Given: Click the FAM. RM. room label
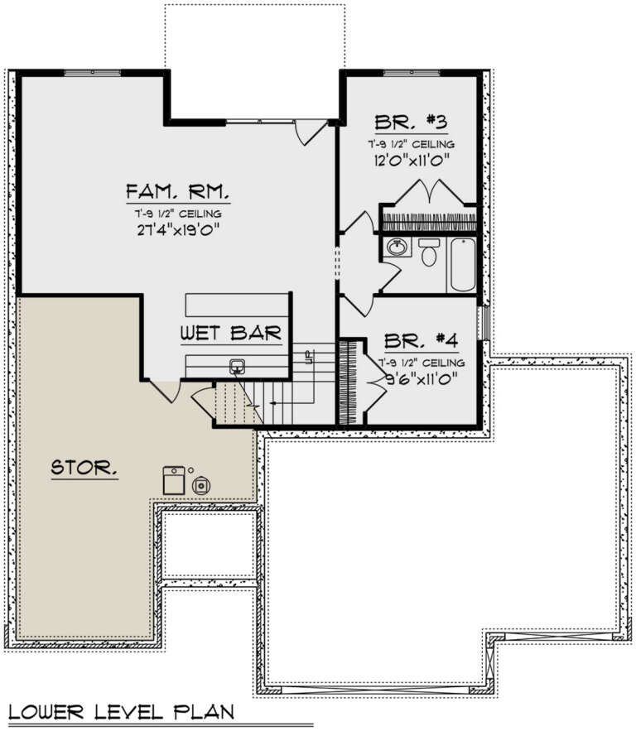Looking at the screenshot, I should [178, 192].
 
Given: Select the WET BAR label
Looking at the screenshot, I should [232, 334].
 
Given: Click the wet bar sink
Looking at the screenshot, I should [238, 367].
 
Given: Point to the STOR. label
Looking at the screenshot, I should [84, 468].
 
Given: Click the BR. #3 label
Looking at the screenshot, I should [412, 123].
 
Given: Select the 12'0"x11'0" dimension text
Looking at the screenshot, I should [412, 161].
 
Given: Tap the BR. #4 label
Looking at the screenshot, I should [422, 341].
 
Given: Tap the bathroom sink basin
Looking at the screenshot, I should [397, 247].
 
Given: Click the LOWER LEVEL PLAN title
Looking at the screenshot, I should [122, 711].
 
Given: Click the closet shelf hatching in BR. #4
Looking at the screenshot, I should [346, 381].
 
